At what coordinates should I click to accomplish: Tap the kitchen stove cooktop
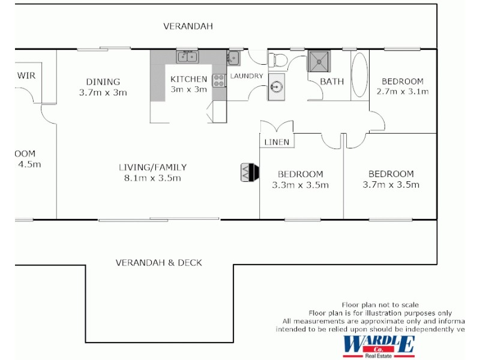pyautogui.click(x=218, y=80)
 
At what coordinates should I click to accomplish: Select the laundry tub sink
pyautogui.click(x=233, y=58)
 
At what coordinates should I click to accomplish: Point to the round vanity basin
pyautogui.click(x=277, y=88)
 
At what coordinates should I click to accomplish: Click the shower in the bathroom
pyautogui.click(x=318, y=61)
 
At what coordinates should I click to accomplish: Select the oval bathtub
pyautogui.click(x=359, y=75)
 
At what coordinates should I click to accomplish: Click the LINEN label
pyautogui.click(x=276, y=142)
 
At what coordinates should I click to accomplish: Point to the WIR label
pyautogui.click(x=26, y=76)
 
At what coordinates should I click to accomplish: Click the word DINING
pyautogui.click(x=103, y=82)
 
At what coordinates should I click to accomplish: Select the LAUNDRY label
pyautogui.click(x=247, y=76)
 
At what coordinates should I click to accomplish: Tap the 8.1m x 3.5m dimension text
pyautogui.click(x=152, y=178)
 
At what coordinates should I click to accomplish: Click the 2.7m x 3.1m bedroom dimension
pyautogui.click(x=403, y=92)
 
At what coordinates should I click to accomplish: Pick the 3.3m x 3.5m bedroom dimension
pyautogui.click(x=301, y=185)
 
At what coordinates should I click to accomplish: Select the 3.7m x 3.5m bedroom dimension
pyautogui.click(x=391, y=185)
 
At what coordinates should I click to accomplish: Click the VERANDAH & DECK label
pyautogui.click(x=159, y=263)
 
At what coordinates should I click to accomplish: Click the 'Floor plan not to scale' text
pyautogui.click(x=380, y=305)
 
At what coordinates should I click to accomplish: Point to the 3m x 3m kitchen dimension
pyautogui.click(x=189, y=89)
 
